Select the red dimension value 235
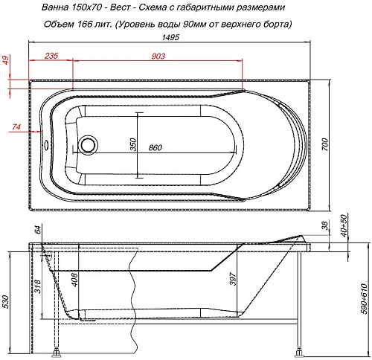pos(51,57)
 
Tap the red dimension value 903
pos(158,57)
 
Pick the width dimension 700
pos(324,146)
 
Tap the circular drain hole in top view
pos(89,142)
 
